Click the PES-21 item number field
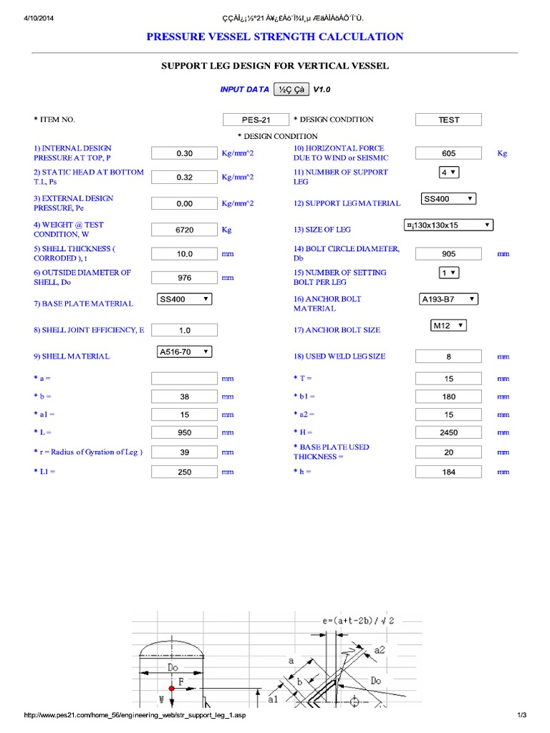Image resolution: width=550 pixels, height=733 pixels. click(x=256, y=120)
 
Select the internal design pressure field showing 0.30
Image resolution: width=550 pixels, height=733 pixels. click(x=184, y=153)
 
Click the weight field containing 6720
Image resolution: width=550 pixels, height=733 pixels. click(x=184, y=230)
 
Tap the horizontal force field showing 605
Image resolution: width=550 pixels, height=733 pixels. click(x=449, y=153)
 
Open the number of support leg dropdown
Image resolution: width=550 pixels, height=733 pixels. click(x=448, y=173)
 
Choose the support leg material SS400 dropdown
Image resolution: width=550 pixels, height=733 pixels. click(x=448, y=199)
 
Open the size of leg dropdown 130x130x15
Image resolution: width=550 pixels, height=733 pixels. click(x=448, y=225)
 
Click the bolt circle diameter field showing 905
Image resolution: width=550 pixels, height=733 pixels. click(x=449, y=253)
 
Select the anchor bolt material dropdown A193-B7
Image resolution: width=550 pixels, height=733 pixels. click(x=448, y=299)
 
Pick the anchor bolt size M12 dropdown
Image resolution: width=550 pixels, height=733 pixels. click(x=448, y=326)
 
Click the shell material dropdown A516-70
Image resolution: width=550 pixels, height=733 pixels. click(x=184, y=351)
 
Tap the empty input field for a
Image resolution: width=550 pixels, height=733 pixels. click(x=184, y=378)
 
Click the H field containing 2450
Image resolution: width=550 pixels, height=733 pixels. click(x=449, y=432)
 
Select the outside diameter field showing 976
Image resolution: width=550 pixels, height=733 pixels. click(x=184, y=278)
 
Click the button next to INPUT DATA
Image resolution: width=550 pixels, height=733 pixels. click(x=291, y=89)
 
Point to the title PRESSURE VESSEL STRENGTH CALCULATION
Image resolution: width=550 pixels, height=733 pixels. click(x=275, y=37)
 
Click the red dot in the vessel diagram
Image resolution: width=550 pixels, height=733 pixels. click(x=172, y=688)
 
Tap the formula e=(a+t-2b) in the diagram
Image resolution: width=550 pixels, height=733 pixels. click(x=356, y=621)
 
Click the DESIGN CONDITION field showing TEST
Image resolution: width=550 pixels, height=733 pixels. click(x=449, y=120)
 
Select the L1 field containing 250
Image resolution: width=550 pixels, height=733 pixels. click(x=184, y=472)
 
